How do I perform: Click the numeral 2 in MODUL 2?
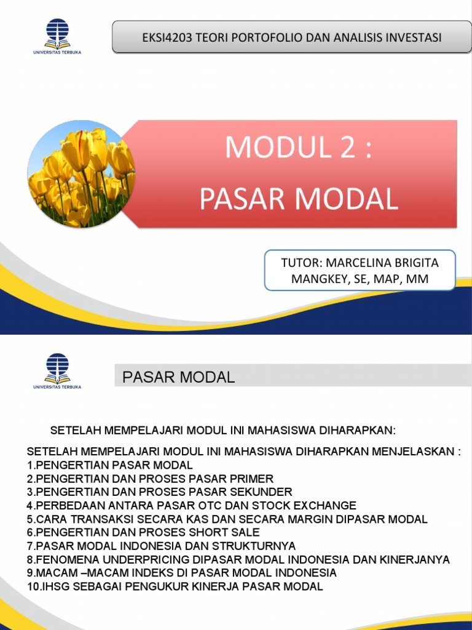pos(342,147)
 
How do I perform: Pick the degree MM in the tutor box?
pos(417,280)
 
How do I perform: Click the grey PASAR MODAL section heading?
pos(178,377)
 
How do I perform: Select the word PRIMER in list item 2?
pos(254,478)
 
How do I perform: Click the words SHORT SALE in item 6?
pos(224,532)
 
